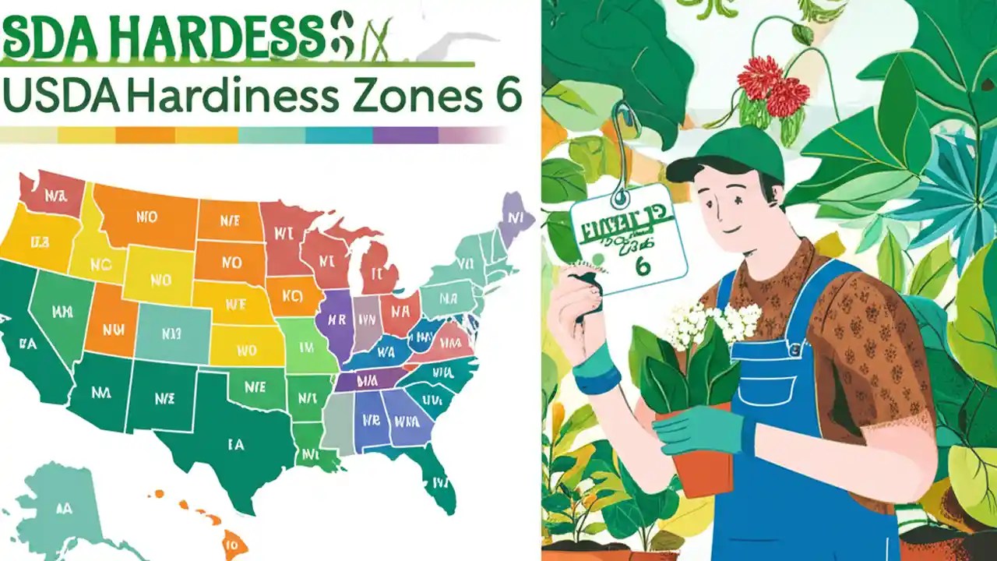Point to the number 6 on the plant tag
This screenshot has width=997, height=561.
pyautogui.click(x=643, y=266)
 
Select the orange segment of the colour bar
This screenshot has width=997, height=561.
pyautogui.click(x=145, y=136)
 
